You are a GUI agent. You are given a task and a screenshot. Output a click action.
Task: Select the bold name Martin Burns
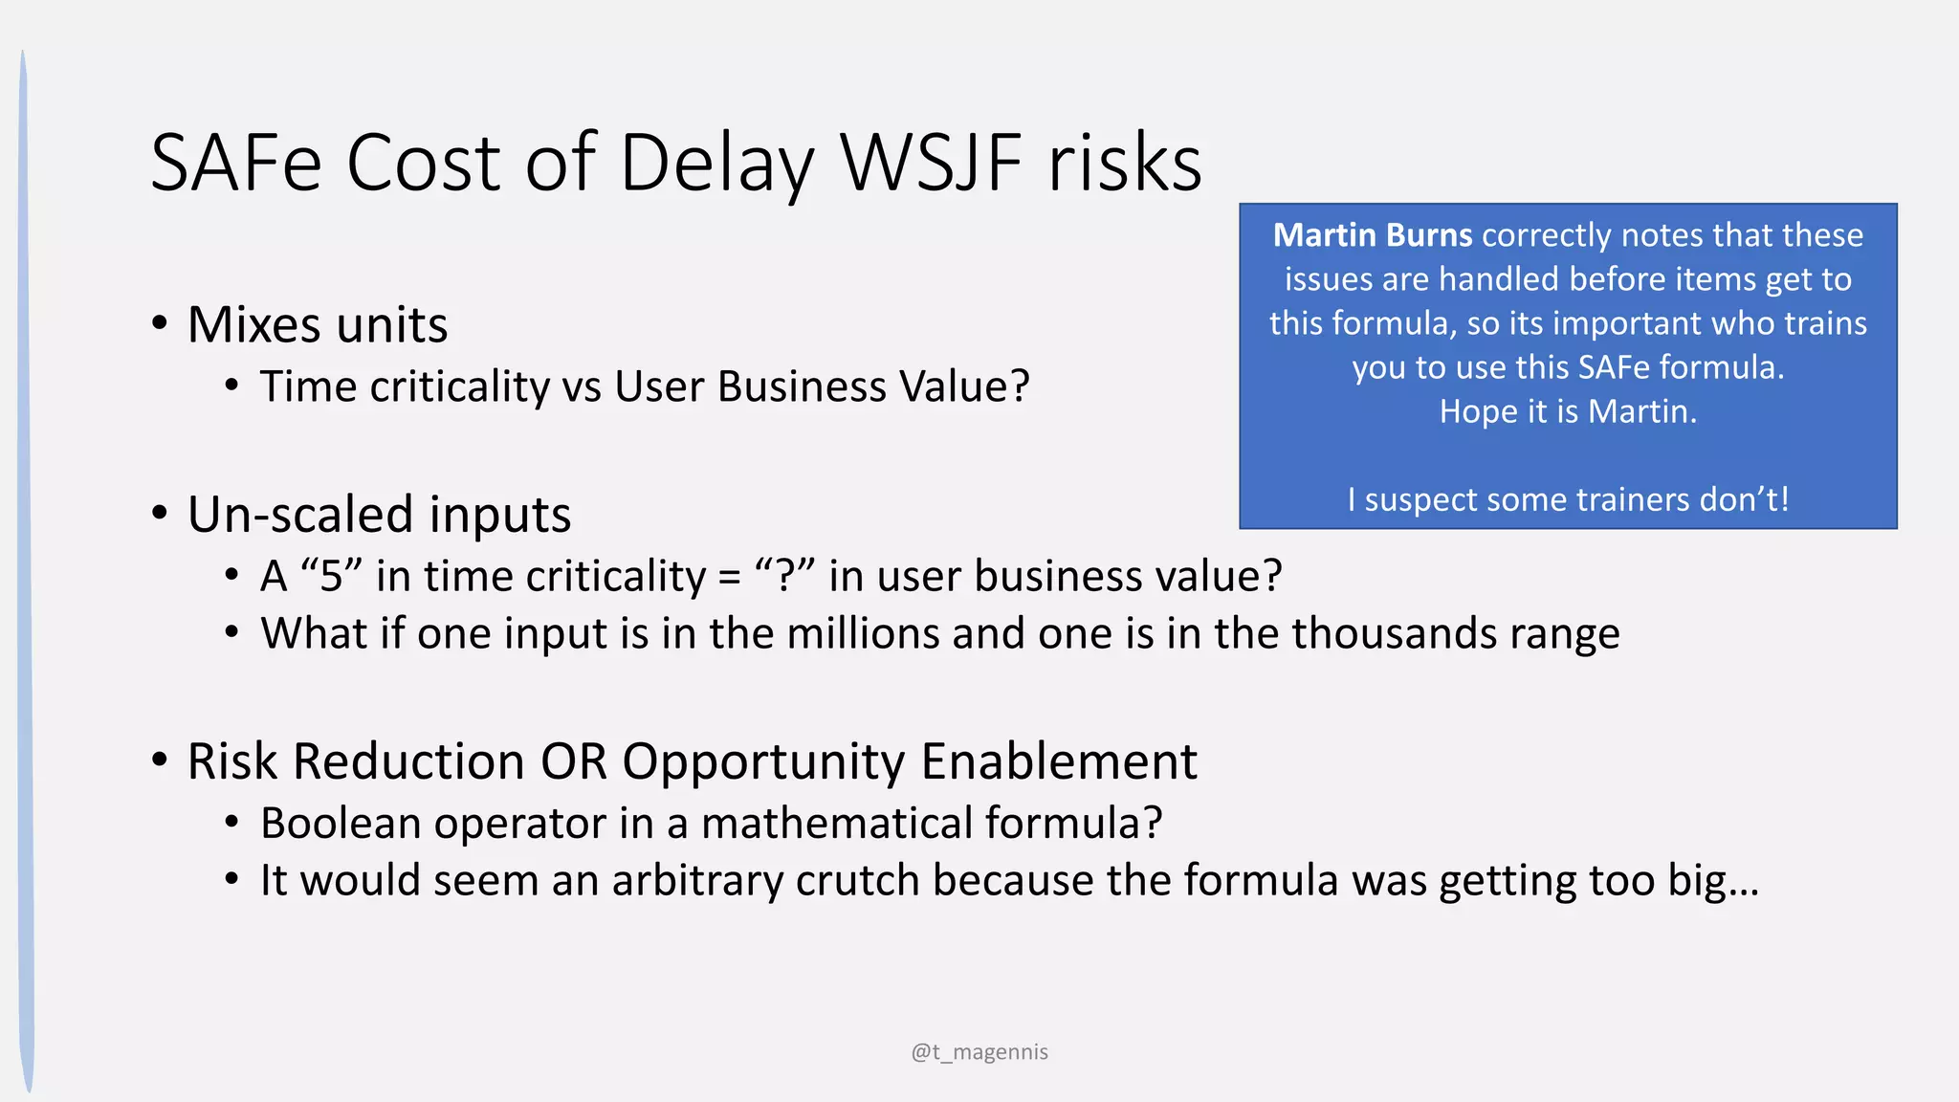[x=1372, y=235]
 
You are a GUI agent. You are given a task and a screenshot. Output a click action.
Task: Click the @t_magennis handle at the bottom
[x=979, y=1052]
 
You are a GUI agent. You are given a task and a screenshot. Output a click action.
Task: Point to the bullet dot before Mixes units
[x=160, y=323]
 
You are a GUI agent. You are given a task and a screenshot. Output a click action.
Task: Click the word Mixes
[x=254, y=324]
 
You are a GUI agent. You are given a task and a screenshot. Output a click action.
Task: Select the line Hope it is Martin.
[x=1568, y=411]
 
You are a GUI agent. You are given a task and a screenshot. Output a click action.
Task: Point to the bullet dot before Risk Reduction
[x=160, y=761]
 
